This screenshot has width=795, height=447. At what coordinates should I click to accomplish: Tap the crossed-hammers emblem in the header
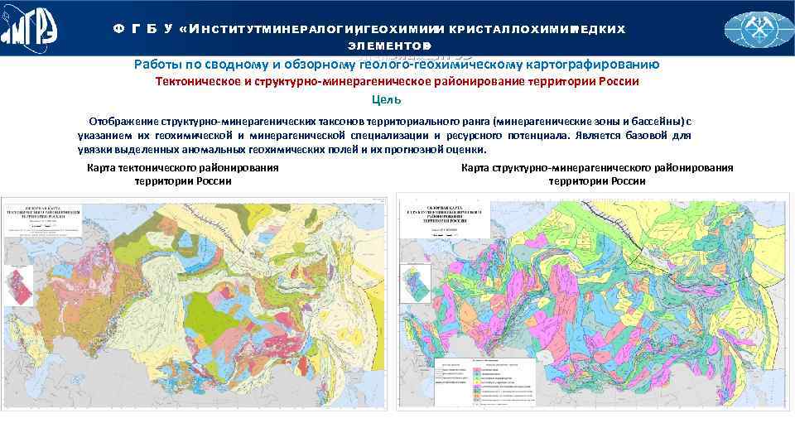coord(759,29)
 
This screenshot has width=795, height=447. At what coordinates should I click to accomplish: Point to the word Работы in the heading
coord(155,65)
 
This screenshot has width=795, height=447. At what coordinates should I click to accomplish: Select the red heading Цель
coord(387,100)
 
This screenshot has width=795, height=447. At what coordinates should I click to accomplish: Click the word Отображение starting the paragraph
coord(124,121)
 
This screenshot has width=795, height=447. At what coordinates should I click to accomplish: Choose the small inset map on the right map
coord(417,282)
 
